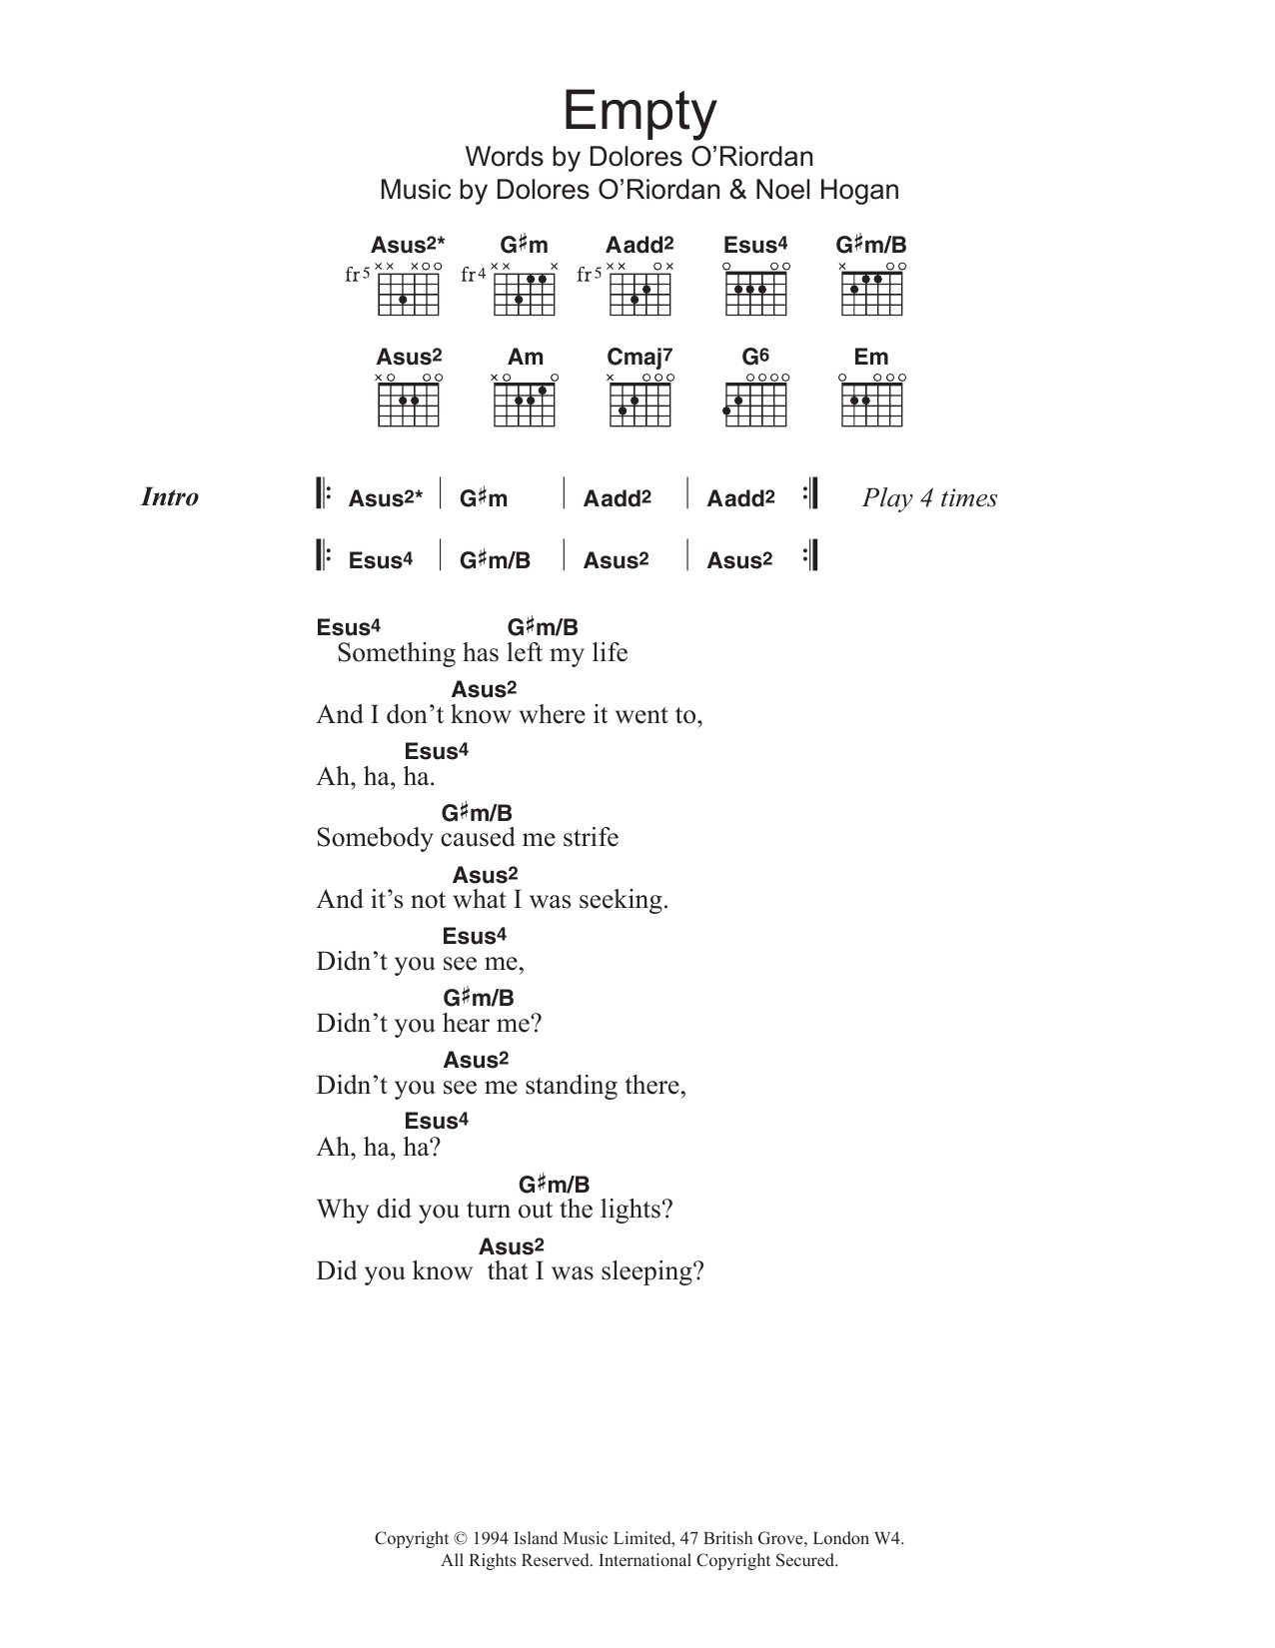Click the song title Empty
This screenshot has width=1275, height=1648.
[x=639, y=112]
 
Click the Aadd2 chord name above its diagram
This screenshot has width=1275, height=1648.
[x=639, y=246]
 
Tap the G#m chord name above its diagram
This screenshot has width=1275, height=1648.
[x=524, y=246]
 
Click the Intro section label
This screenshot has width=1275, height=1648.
[x=170, y=497]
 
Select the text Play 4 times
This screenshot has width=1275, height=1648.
[x=929, y=498]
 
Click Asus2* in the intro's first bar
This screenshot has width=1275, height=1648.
[x=386, y=498]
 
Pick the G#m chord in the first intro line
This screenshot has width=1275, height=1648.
[x=484, y=498]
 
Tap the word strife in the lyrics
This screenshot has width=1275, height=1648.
[x=591, y=838]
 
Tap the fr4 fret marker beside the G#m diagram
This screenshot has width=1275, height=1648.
[x=474, y=275]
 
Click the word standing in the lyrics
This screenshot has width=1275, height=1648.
[x=582, y=1086]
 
